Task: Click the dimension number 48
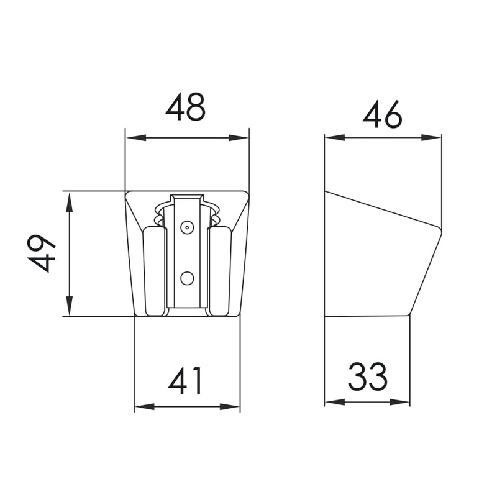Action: click(x=185, y=107)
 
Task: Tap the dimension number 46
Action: click(x=382, y=114)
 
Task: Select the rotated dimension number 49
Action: click(x=41, y=253)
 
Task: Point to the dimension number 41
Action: click(x=185, y=381)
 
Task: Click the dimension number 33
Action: click(x=367, y=377)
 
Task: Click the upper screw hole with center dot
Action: click(x=187, y=227)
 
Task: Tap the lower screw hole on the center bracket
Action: click(x=187, y=278)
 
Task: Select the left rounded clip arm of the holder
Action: click(x=154, y=271)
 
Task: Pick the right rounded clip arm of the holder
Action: click(x=220, y=271)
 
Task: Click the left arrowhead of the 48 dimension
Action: click(x=136, y=138)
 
